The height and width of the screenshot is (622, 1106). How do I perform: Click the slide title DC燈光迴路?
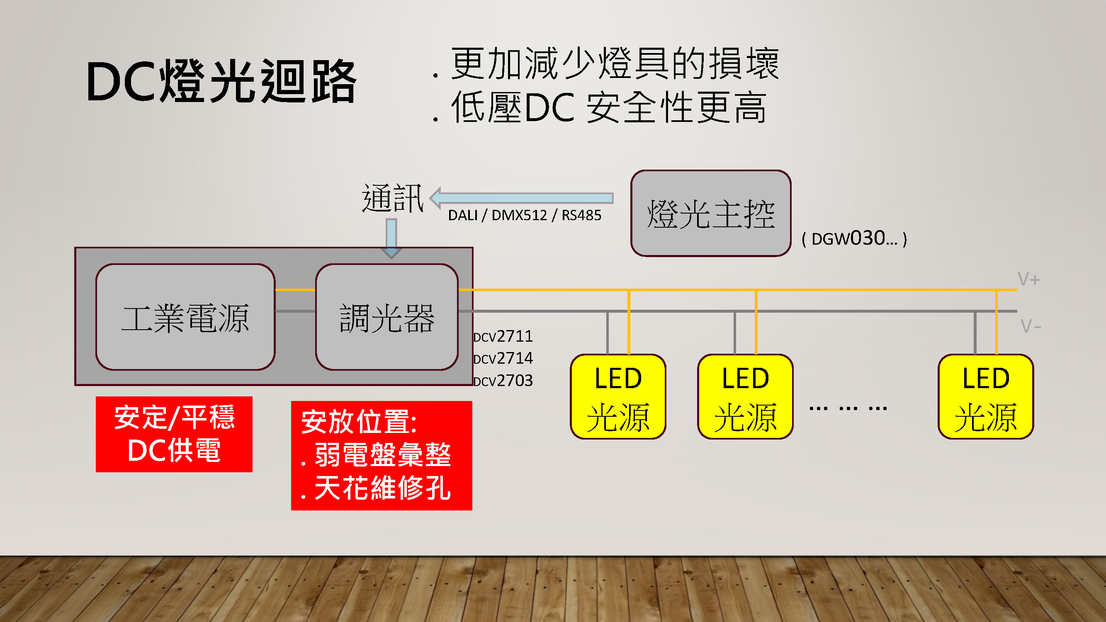pyautogui.click(x=221, y=82)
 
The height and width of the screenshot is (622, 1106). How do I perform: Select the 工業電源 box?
pyautogui.click(x=185, y=317)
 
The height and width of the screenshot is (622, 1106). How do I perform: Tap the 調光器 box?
pyautogui.click(x=387, y=317)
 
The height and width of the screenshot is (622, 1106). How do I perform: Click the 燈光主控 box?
pyautogui.click(x=710, y=213)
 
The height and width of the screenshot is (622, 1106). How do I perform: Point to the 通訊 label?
pyautogui.click(x=392, y=198)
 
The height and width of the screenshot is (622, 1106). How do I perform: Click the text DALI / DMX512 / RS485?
pyautogui.click(x=524, y=215)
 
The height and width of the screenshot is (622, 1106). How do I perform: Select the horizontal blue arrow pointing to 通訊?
pyautogui.click(x=522, y=198)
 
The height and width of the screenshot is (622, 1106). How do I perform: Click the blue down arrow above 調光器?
pyautogui.click(x=391, y=238)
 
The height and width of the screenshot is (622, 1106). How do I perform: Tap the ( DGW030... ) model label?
pyautogui.click(x=854, y=238)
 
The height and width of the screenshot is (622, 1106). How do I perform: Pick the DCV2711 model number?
pyautogui.click(x=503, y=336)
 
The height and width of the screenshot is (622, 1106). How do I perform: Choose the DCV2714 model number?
pyautogui.click(x=503, y=358)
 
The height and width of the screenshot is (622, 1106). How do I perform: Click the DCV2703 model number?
pyautogui.click(x=503, y=380)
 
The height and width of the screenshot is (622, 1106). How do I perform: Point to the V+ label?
pyautogui.click(x=1028, y=279)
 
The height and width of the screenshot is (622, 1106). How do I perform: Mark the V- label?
pyautogui.click(x=1030, y=326)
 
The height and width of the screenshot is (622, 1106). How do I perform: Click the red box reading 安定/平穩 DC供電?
pyautogui.click(x=174, y=434)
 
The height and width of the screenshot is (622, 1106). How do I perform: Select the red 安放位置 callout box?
pyautogui.click(x=381, y=455)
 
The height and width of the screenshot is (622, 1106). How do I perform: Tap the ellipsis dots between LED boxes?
pyautogui.click(x=848, y=408)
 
